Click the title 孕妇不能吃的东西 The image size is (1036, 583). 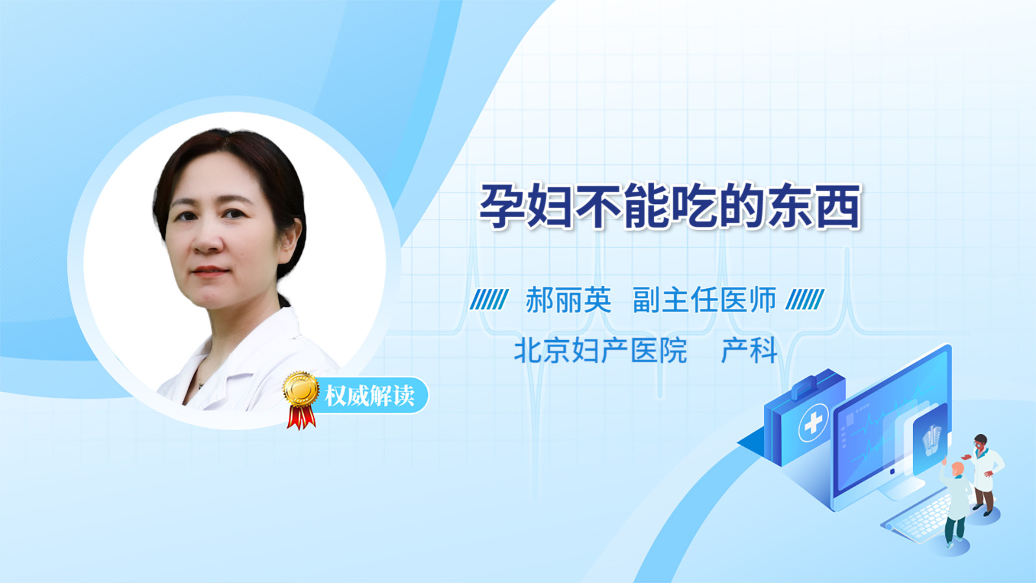pos(670,206)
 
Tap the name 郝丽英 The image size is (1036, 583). pos(569,300)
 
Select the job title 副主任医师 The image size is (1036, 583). pos(704,300)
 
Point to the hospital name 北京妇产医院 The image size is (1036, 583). pos(600,350)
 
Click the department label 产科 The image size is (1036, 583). pos(749,350)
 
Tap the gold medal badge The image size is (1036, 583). pos(301,389)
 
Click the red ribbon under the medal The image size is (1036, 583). pos(301,417)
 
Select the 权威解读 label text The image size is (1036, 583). pos(369,396)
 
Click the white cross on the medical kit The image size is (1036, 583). pos(813,422)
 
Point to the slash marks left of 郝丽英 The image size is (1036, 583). pos(490,299)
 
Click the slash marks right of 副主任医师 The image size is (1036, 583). pos(805,299)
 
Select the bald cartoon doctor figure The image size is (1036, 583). pos(956,505)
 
